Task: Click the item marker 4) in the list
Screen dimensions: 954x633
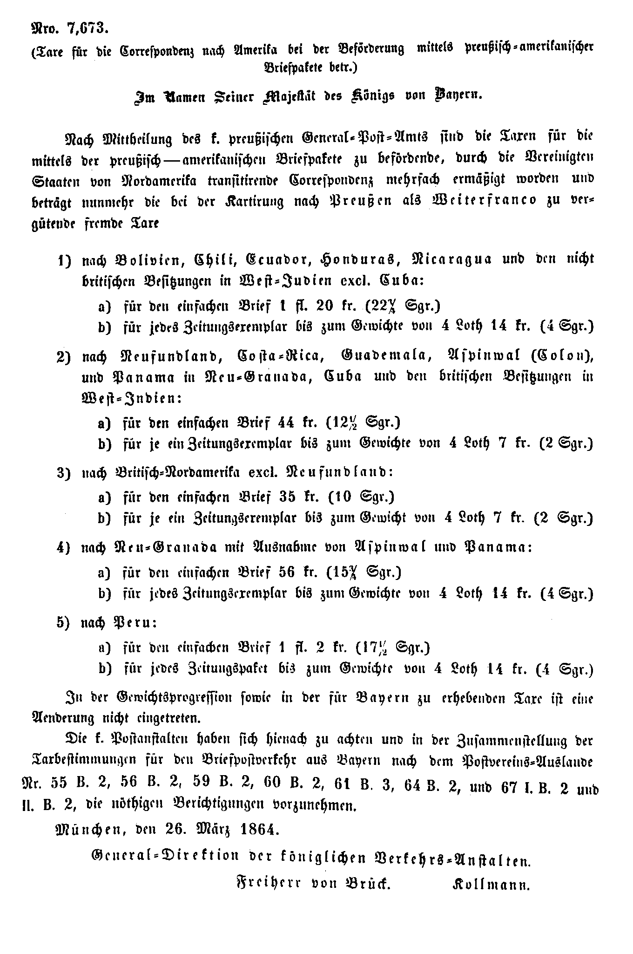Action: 63,548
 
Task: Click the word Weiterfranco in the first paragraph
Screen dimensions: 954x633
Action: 484,200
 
